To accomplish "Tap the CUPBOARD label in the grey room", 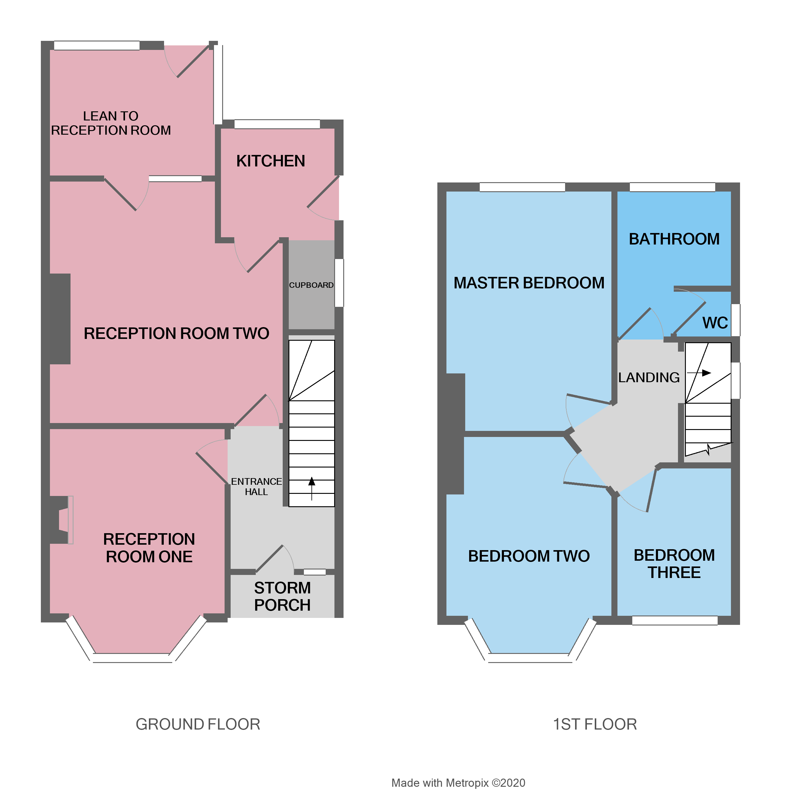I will pyautogui.click(x=311, y=285).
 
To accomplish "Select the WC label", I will pyautogui.click(x=715, y=323).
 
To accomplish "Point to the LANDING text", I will pyautogui.click(x=649, y=377).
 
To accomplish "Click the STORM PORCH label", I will pyautogui.click(x=282, y=596).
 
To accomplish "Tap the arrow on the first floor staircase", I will pyautogui.click(x=699, y=373).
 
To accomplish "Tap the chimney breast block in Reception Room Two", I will pyautogui.click(x=60, y=319).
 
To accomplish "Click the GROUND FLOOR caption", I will pyautogui.click(x=198, y=724).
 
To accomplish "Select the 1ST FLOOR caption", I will pyautogui.click(x=594, y=724).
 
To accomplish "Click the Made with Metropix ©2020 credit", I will pyautogui.click(x=458, y=783).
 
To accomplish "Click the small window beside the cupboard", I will pyautogui.click(x=339, y=283).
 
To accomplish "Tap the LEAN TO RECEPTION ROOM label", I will pyautogui.click(x=111, y=123).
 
